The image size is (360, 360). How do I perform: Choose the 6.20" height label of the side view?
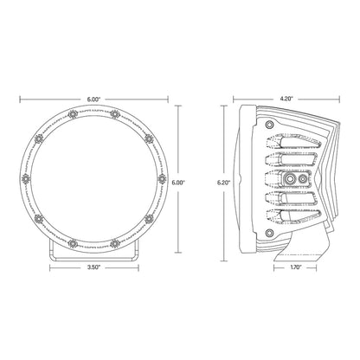click(x=223, y=183)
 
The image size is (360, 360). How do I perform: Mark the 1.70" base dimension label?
click(x=296, y=269)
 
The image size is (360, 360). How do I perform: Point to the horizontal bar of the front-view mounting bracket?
click(x=94, y=255)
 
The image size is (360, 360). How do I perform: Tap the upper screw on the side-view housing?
click(x=272, y=127)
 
